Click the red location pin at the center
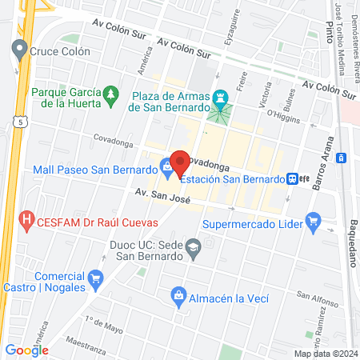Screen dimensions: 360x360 pos(180,164)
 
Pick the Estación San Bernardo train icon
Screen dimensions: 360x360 pos(295,179)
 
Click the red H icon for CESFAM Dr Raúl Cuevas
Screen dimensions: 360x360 pos(26,218)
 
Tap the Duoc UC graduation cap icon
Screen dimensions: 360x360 pos(193,250)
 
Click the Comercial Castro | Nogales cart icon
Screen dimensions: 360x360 pos(97,279)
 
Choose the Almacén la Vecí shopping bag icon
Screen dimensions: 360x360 pos(179,298)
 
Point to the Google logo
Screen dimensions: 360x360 pos(26,350)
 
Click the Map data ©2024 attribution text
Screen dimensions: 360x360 pos(325,354)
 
